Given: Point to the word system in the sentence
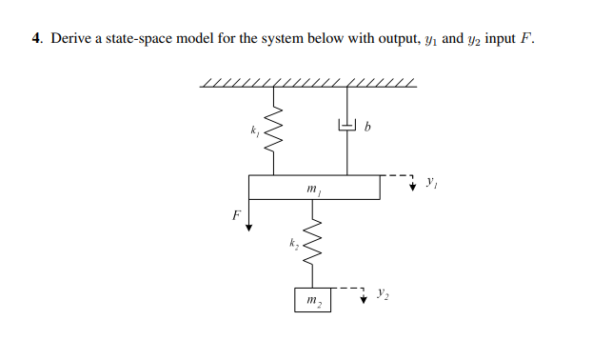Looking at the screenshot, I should pyautogui.click(x=307, y=39).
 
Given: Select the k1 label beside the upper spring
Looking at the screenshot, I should pyautogui.click(x=254, y=129).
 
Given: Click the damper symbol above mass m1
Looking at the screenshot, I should pyautogui.click(x=346, y=125).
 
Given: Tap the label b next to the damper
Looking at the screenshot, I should pyautogui.click(x=367, y=126).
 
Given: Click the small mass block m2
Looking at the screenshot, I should pyautogui.click(x=312, y=301).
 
